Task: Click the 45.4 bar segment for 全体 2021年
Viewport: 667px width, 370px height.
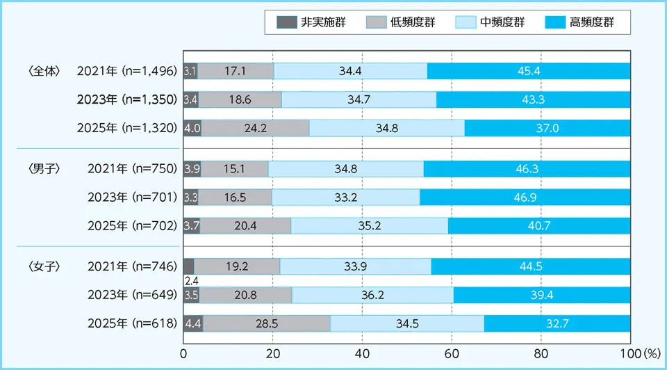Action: pyautogui.click(x=529, y=71)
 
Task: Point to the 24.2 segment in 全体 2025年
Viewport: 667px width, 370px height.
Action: pyautogui.click(x=255, y=128)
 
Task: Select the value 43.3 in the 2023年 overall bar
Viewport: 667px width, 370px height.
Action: pyautogui.click(x=533, y=99)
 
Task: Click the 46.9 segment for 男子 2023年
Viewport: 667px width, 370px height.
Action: pyautogui.click(x=525, y=197)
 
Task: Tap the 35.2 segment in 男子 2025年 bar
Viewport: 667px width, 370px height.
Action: pyautogui.click(x=370, y=225)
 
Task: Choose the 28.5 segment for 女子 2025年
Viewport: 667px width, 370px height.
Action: pyautogui.click(x=267, y=323)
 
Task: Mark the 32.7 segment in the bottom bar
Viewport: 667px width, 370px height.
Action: pyautogui.click(x=557, y=323)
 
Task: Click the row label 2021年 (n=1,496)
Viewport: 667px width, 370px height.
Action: pyautogui.click(x=126, y=71)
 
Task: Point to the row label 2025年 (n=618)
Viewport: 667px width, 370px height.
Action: pyautogui.click(x=133, y=323)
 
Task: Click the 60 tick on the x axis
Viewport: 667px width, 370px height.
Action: pyautogui.click(x=452, y=353)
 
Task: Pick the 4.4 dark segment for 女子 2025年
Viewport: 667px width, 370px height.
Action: pyautogui.click(x=192, y=323)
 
